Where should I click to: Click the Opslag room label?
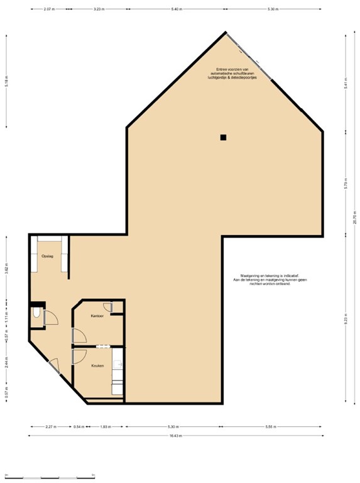[x=47, y=257]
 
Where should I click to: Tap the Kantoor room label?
[x=97, y=315]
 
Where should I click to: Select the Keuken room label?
[x=97, y=365]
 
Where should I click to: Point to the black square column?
[x=223, y=137]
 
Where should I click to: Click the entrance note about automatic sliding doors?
[x=234, y=73]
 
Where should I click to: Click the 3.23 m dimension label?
[x=98, y=9]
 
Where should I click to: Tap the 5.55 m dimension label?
[x=271, y=426]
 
